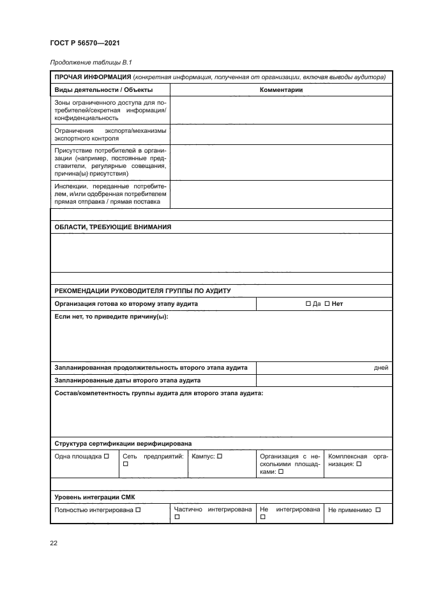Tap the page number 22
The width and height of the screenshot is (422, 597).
pos(54,543)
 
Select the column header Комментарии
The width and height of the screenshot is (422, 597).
pos(281,90)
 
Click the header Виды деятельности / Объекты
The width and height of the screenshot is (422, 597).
pos(103,90)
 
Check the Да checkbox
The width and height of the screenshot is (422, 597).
pos(308,304)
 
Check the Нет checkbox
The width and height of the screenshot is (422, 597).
pos(327,304)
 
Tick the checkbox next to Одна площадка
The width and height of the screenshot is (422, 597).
pos(106,456)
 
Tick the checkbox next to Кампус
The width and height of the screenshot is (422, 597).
pos(219,456)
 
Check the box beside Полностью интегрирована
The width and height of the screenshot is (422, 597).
pos(138,510)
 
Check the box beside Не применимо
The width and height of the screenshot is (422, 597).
pos(378,510)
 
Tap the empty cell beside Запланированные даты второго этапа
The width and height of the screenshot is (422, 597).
pos(324,381)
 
